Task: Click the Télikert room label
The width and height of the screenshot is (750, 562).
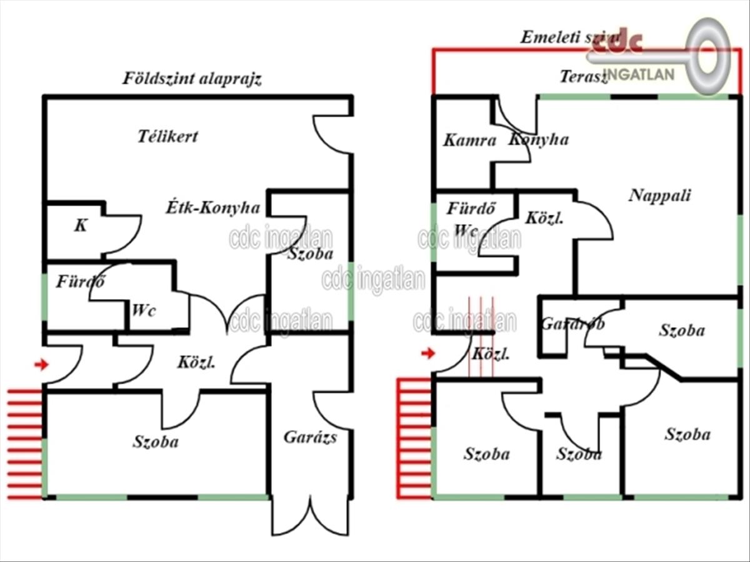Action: click(x=167, y=136)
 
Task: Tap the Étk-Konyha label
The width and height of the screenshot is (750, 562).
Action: click(x=212, y=207)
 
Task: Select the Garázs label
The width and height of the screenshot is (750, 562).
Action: click(x=310, y=436)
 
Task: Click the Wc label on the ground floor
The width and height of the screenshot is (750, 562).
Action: click(x=143, y=310)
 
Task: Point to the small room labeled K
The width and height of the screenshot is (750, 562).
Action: click(x=81, y=226)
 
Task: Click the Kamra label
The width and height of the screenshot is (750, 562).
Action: click(x=469, y=140)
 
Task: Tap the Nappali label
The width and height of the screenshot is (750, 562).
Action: click(x=659, y=195)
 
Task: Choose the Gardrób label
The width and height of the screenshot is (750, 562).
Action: click(x=572, y=324)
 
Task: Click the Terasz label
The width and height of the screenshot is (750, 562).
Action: click(x=583, y=77)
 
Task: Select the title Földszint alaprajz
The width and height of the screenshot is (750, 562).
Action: click(x=191, y=79)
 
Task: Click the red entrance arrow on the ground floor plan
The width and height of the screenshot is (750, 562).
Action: click(x=41, y=364)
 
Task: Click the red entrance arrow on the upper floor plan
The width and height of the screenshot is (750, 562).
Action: click(x=427, y=353)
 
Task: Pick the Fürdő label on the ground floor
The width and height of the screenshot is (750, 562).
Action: click(x=80, y=282)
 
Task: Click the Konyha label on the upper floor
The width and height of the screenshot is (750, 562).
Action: click(x=538, y=139)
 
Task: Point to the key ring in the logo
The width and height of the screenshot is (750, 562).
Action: click(x=710, y=56)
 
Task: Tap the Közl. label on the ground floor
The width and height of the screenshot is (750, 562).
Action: click(x=196, y=362)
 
